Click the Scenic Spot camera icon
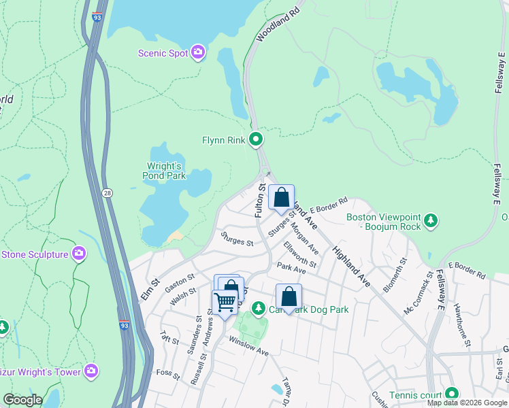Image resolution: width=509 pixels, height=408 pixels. (198, 52)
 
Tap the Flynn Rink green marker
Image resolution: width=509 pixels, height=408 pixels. (257, 140)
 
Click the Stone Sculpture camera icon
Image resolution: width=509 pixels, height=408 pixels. (80, 254)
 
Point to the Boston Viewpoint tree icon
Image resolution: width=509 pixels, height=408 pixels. (430, 221)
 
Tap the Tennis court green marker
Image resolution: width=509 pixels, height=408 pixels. (451, 394)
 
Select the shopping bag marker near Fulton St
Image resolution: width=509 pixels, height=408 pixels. (281, 198)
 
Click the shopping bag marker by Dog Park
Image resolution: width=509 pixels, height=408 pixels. (289, 296)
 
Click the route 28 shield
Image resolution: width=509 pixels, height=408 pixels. (108, 194)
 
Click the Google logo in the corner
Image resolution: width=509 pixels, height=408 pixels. (22, 400)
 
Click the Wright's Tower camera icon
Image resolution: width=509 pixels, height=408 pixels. (91, 371)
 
